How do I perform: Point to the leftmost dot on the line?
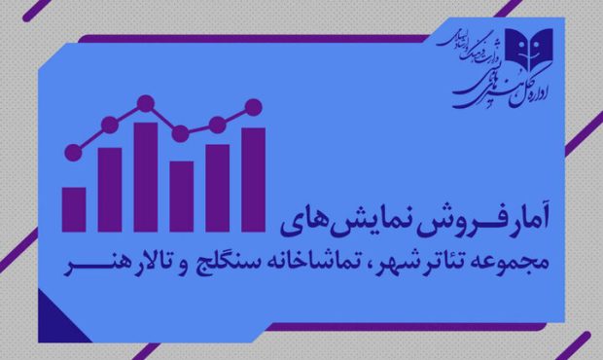[74, 152]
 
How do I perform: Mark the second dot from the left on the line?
[110, 124]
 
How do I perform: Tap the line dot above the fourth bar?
[181, 133]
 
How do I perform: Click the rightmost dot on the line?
[254, 106]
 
